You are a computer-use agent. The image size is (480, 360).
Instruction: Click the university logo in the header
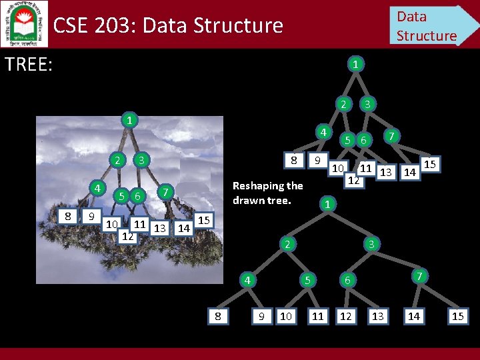[x=24, y=23]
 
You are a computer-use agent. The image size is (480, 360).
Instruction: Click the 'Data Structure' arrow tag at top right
[x=430, y=25]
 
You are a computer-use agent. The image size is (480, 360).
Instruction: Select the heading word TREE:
[x=29, y=65]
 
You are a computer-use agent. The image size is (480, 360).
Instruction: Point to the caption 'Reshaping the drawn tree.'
[x=267, y=193]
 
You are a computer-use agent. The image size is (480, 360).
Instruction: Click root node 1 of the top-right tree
[x=356, y=65]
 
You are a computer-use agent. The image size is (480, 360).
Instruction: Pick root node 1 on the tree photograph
[x=129, y=121]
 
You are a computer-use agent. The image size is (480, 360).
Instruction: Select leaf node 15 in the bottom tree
[x=457, y=316]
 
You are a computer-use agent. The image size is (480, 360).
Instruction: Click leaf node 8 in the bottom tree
[x=218, y=316]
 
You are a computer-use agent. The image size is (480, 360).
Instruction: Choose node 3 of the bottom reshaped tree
[x=371, y=245]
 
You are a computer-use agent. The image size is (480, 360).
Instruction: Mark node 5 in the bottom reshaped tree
[x=307, y=280]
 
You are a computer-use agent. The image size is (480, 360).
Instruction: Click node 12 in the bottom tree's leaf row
[x=345, y=316]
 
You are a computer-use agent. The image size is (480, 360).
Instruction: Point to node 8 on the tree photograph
[x=68, y=216]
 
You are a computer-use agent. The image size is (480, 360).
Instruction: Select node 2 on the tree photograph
[x=117, y=160]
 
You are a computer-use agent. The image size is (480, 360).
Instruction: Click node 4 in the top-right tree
[x=322, y=132]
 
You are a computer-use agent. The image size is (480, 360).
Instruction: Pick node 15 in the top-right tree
[x=430, y=163]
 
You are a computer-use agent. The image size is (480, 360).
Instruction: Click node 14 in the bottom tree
[x=413, y=316]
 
